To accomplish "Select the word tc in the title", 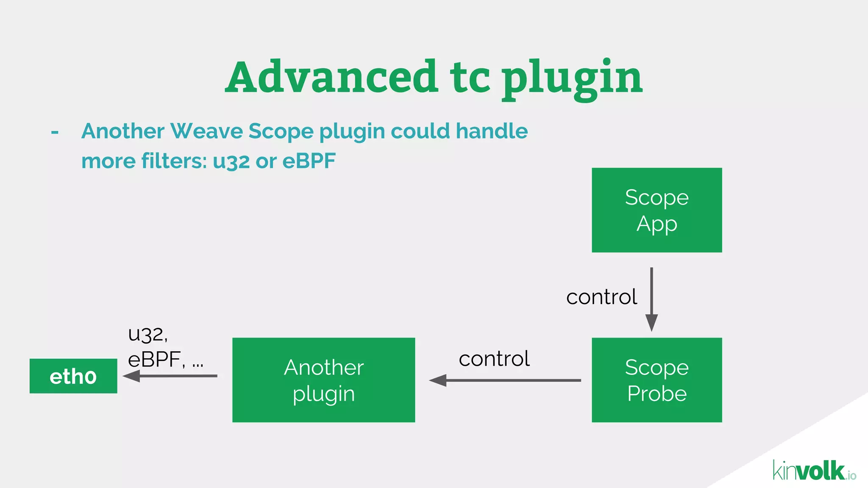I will (470, 78).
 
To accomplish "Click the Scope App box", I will (657, 210).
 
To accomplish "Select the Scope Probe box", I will (657, 380).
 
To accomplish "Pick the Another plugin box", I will (323, 380).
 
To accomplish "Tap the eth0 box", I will (73, 376).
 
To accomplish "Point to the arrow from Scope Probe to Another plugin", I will (504, 380).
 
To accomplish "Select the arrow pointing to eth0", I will (170, 376).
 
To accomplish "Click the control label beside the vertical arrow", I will (601, 297).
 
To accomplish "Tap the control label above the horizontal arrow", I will (494, 359).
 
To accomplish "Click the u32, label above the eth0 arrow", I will (148, 334).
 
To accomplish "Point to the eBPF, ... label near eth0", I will (165, 360).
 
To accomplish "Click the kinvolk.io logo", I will (814, 471).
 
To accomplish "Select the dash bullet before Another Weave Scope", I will (55, 132).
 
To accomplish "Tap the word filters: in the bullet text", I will (174, 161).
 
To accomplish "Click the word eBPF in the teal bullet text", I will (309, 161).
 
